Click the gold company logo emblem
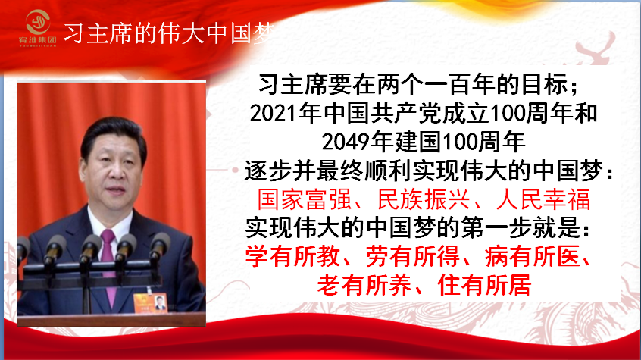click(x=38, y=22)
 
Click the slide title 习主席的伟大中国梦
click(x=169, y=33)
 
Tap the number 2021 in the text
click(x=274, y=113)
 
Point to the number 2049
click(x=346, y=142)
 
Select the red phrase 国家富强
click(x=305, y=199)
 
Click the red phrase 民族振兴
click(x=424, y=199)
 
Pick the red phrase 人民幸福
click(x=544, y=199)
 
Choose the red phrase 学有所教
click(x=292, y=256)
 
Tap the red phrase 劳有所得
click(x=412, y=256)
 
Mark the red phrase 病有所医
click(x=532, y=256)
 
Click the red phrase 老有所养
click(x=364, y=285)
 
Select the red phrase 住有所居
click(x=484, y=285)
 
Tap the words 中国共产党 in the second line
click(x=383, y=113)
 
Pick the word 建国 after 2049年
click(x=417, y=142)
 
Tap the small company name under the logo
click(x=38, y=40)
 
